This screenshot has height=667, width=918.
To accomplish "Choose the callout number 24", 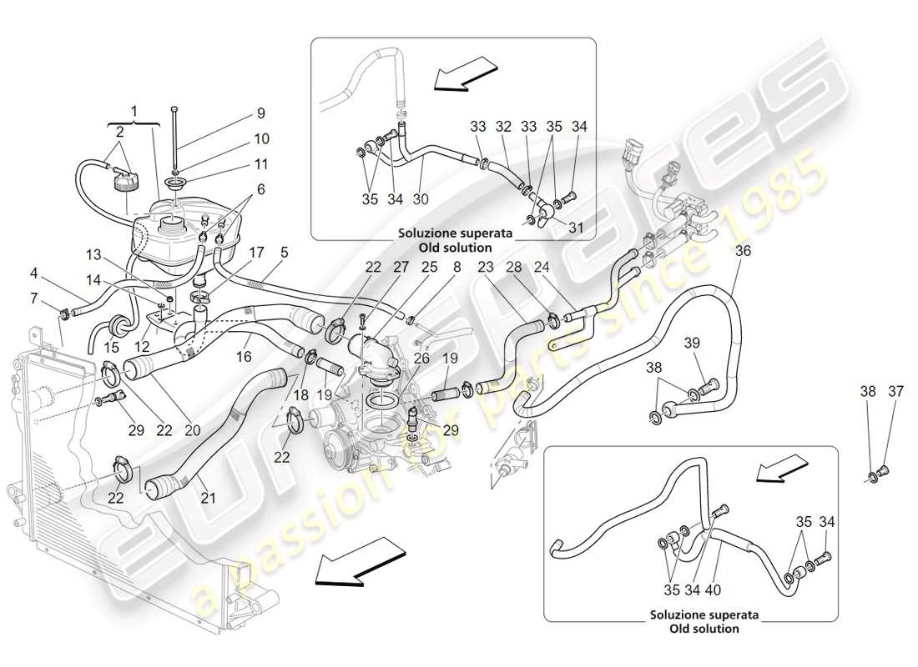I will (x=542, y=268).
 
